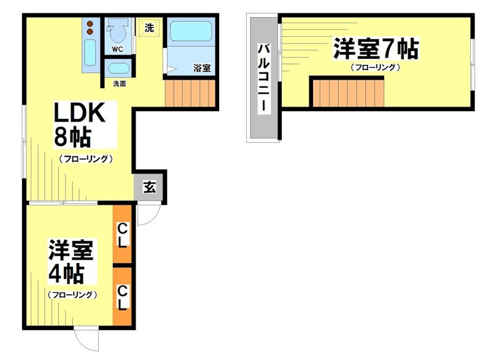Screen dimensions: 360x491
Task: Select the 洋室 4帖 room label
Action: point(72,262)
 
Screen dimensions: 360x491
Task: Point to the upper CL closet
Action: point(123,234)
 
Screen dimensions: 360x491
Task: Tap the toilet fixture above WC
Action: point(117,29)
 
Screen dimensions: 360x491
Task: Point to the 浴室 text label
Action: point(202,68)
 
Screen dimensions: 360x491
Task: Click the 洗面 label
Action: point(118,83)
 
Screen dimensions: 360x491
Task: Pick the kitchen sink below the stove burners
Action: point(90,53)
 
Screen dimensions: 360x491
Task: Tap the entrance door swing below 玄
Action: point(147,214)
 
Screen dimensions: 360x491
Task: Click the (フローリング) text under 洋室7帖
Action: point(376,67)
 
